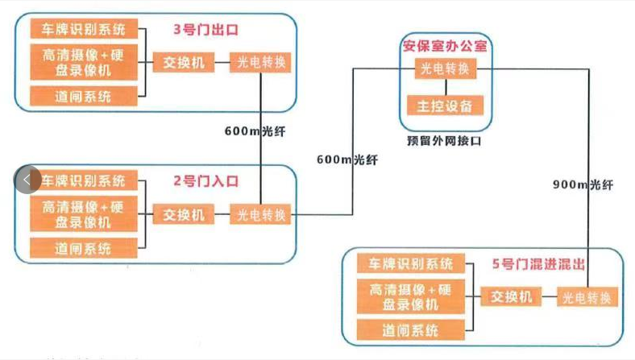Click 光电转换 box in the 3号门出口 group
(260, 62)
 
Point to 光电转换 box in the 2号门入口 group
(260, 214)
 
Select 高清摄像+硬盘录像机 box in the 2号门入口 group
(84, 213)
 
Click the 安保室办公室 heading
(446, 45)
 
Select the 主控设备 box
(446, 106)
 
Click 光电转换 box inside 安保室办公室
(446, 69)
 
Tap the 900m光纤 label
(583, 184)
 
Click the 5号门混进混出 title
(538, 263)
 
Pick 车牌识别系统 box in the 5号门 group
(411, 263)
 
